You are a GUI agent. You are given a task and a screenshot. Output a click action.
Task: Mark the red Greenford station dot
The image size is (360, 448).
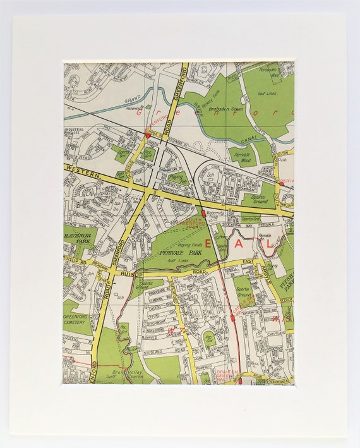click(148, 135)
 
